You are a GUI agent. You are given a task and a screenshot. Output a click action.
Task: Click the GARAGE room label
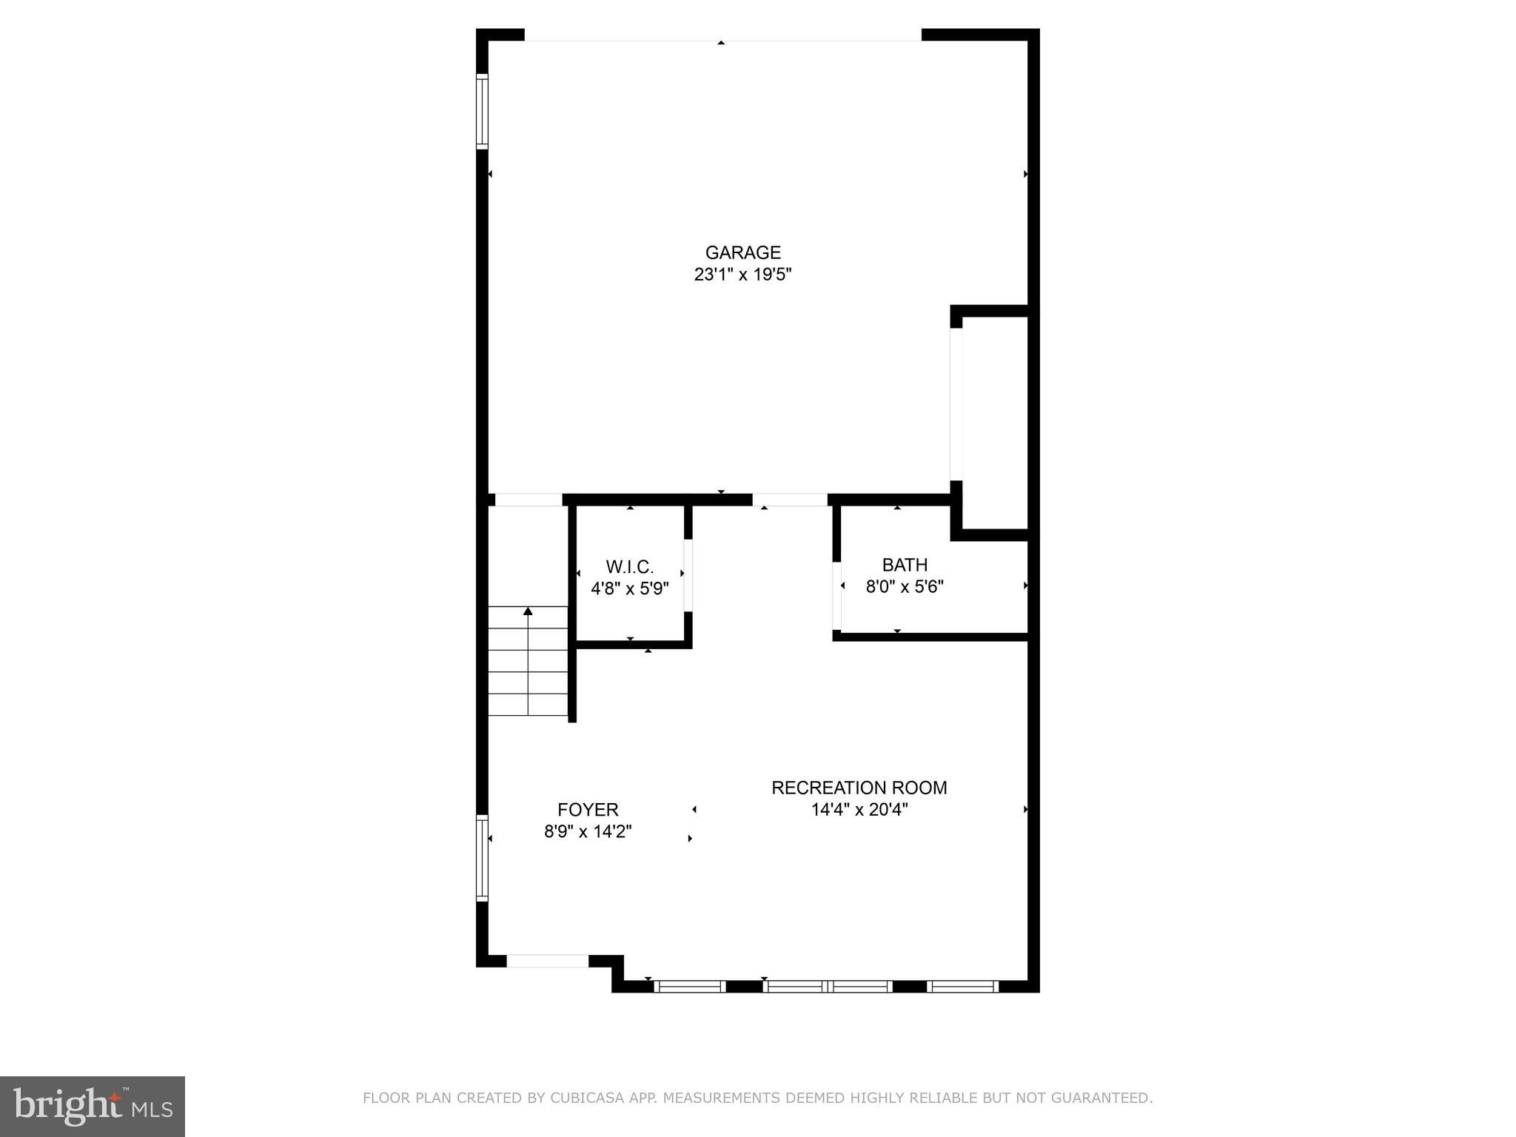(x=742, y=253)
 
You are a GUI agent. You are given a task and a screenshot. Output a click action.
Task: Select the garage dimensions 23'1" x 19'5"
(x=742, y=275)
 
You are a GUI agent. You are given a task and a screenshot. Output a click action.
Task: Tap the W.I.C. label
(x=630, y=567)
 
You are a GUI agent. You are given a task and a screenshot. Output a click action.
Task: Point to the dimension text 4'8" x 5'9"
(x=630, y=589)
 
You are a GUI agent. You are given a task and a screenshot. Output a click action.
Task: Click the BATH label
(x=905, y=566)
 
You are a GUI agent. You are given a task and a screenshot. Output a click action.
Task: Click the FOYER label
(x=588, y=810)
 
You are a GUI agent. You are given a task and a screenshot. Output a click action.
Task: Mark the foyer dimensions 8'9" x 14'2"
(x=588, y=832)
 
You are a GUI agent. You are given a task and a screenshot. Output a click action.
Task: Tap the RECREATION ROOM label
(x=859, y=788)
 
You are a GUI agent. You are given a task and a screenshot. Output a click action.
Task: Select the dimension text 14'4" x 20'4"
(x=859, y=810)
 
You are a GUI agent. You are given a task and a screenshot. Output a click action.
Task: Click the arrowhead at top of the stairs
(x=528, y=611)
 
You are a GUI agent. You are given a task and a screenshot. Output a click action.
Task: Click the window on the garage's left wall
(x=482, y=111)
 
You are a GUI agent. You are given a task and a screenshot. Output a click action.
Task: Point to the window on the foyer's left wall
(x=482, y=858)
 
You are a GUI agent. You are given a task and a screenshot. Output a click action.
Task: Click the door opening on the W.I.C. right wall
(x=688, y=575)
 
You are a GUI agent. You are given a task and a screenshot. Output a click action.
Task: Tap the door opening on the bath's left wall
(x=837, y=595)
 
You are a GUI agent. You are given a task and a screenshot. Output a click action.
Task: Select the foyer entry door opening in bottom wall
(x=547, y=961)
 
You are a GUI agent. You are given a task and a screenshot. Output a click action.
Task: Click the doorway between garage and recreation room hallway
(x=790, y=500)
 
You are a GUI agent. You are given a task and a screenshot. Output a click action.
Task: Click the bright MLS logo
(x=93, y=1106)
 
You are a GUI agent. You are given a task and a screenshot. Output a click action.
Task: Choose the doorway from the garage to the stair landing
(x=529, y=500)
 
